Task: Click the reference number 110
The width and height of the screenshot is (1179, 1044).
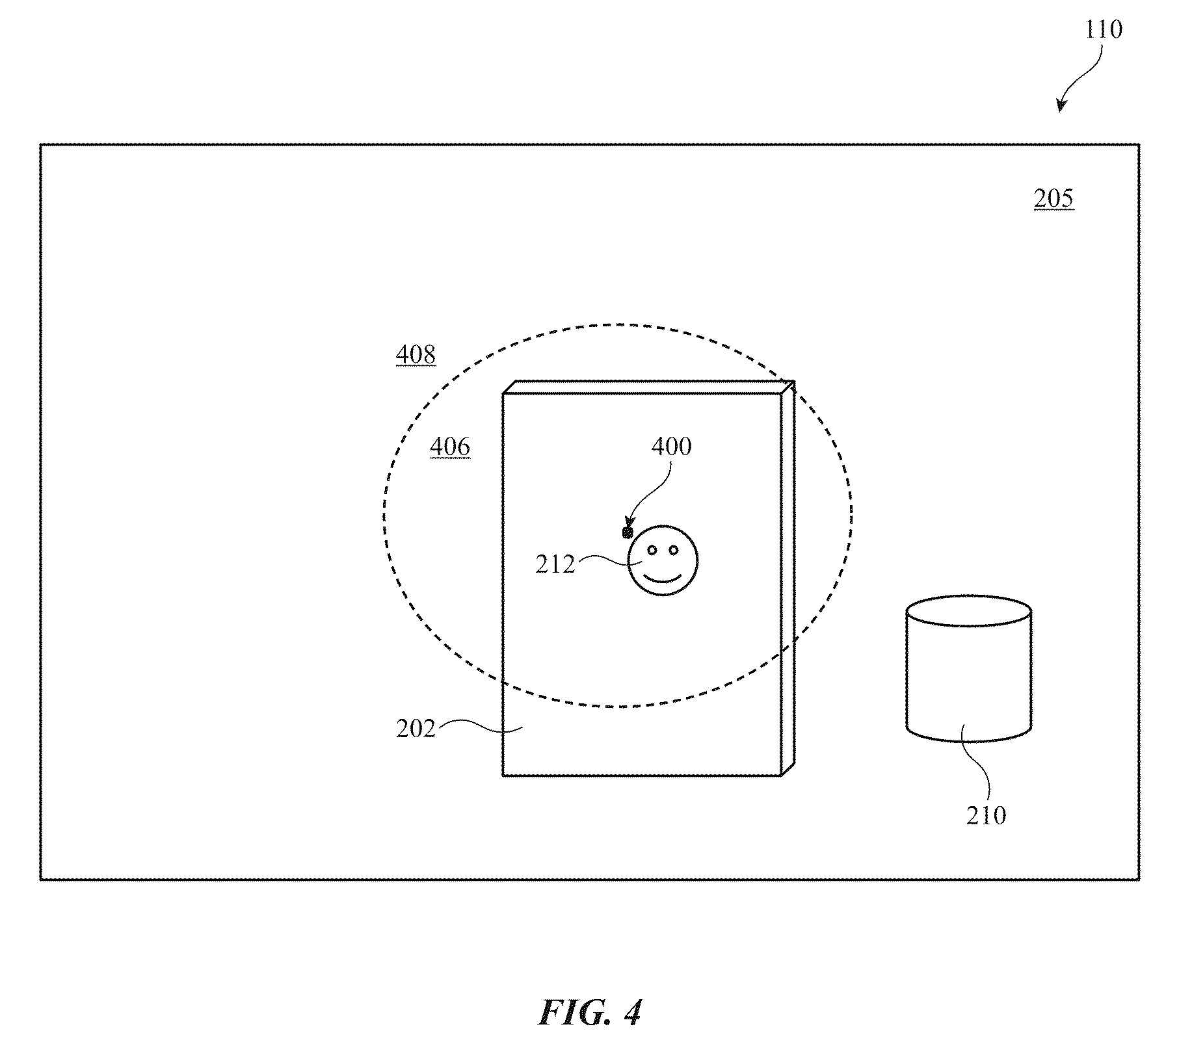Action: click(1103, 30)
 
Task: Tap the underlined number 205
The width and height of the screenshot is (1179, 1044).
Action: click(1053, 198)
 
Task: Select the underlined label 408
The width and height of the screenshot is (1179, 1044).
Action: click(416, 354)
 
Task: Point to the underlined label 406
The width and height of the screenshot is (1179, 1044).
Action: click(450, 447)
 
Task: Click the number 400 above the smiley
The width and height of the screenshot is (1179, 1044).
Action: click(672, 447)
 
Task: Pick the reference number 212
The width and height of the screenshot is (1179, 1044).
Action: click(555, 565)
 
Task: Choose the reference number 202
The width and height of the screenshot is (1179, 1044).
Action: click(416, 729)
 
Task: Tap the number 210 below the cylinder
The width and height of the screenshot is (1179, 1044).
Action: click(986, 815)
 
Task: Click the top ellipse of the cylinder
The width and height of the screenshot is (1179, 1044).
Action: click(969, 610)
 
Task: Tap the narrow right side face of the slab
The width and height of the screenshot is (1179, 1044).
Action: click(788, 578)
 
